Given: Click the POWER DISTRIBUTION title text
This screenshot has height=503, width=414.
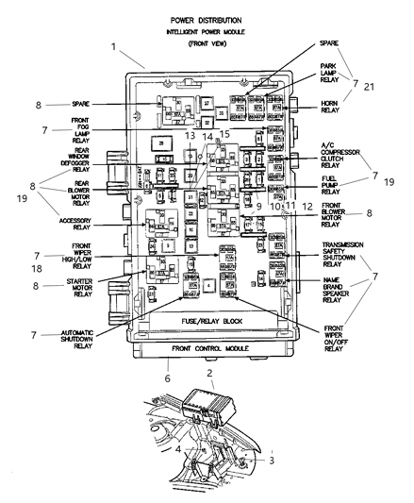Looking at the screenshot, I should [x=206, y=19].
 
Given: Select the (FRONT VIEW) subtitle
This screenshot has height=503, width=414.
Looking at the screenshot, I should [x=206, y=43].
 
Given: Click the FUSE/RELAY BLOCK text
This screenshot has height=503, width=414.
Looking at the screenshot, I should [x=203, y=321].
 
